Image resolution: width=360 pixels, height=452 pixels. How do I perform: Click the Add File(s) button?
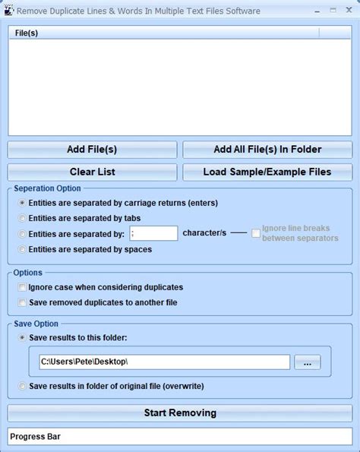coord(92,150)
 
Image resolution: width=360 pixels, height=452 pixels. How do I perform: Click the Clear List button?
coord(92,172)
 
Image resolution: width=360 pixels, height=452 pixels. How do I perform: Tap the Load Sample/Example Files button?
coord(267,172)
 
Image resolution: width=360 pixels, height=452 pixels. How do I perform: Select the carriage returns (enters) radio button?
coord(22,203)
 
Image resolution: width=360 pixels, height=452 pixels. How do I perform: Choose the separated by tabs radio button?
coord(22,218)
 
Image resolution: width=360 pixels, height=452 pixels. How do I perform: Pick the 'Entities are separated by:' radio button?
coord(22,234)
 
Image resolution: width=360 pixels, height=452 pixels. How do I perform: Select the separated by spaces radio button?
coord(22,249)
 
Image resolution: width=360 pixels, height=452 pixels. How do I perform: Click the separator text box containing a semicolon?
coord(153,234)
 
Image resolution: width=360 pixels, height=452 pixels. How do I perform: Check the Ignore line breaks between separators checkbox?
coord(257,233)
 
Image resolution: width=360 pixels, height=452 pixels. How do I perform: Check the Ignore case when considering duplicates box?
coord(22,288)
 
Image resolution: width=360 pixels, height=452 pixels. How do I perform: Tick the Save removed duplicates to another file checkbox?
coord(22,302)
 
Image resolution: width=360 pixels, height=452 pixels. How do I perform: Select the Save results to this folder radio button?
coord(22,337)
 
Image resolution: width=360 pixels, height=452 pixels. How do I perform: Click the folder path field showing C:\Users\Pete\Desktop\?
coord(164,362)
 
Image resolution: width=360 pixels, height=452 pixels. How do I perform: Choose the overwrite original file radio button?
coord(22,387)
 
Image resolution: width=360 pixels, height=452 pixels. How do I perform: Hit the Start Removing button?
coord(180,413)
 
